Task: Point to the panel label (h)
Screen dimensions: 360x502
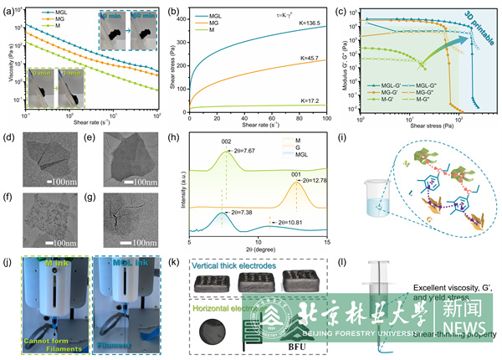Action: point(174,133)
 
